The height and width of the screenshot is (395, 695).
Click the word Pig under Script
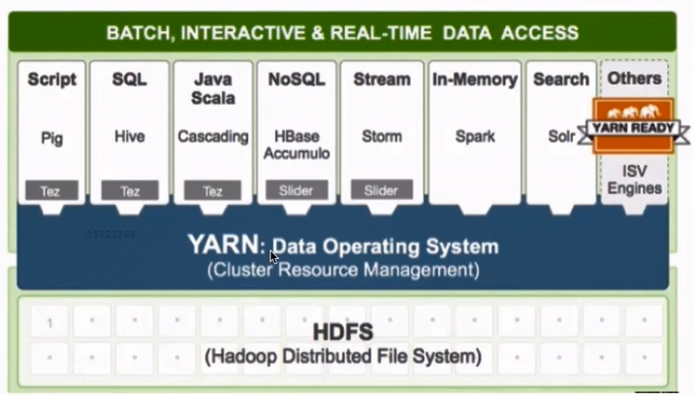click(51, 138)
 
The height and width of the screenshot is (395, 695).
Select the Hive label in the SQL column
click(129, 138)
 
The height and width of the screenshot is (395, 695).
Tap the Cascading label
click(213, 138)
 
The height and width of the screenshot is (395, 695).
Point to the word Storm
click(381, 138)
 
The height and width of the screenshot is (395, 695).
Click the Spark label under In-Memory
click(475, 138)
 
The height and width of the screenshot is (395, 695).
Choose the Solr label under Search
click(561, 138)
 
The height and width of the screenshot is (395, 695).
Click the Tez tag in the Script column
click(51, 191)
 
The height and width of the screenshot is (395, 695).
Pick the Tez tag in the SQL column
click(129, 191)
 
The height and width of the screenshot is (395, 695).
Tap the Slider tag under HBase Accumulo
click(297, 191)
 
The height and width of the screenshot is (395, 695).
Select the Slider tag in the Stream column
click(381, 191)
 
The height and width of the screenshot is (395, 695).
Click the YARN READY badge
click(634, 127)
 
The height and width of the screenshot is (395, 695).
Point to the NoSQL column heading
click(297, 79)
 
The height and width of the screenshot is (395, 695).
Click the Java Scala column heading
click(213, 87)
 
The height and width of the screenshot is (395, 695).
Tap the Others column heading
click(634, 78)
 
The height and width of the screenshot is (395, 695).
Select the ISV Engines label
click(634, 180)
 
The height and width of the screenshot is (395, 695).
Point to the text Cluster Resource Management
click(343, 270)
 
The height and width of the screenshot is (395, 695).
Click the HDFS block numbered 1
click(49, 323)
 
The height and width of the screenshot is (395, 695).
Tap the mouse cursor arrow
click(273, 257)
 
